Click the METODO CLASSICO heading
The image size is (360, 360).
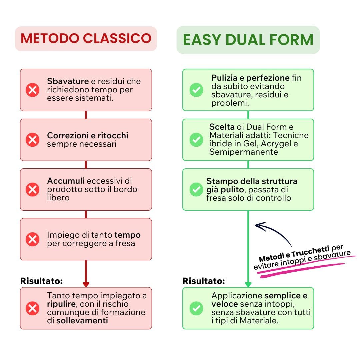(86, 38)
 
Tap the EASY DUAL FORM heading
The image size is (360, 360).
(248, 40)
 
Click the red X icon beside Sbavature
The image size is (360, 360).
(32, 90)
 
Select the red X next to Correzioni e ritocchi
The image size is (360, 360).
(32, 140)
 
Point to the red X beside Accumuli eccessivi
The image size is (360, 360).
(32, 189)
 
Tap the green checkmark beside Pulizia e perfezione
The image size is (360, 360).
(196, 90)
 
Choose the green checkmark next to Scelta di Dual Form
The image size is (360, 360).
(196, 140)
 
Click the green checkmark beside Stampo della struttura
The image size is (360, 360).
(196, 189)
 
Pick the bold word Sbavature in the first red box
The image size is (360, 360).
(68, 81)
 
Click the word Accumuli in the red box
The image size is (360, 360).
(66, 181)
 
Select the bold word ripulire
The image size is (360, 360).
(62, 304)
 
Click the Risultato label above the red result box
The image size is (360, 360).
(41, 281)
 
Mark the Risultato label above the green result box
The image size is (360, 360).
(204, 281)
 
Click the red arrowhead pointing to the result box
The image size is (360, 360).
(86, 284)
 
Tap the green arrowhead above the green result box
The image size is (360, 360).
(248, 284)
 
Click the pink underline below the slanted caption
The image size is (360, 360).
(300, 267)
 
